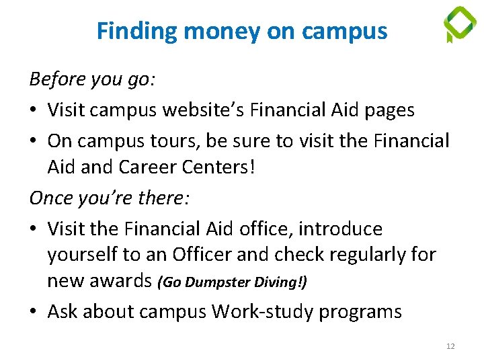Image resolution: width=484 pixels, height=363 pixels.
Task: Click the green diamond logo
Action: (460, 24)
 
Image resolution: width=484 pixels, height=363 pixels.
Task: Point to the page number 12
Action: (450, 346)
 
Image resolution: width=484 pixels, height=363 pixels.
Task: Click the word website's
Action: (201, 110)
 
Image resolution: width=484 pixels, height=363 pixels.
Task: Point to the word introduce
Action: (340, 229)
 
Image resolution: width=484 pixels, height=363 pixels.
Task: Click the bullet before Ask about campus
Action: (34, 312)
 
